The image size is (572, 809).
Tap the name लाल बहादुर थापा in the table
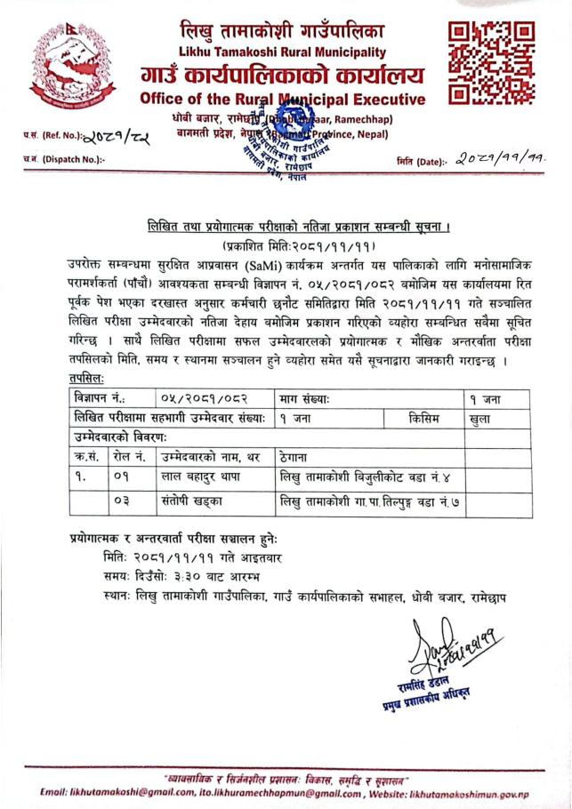click(x=196, y=477)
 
